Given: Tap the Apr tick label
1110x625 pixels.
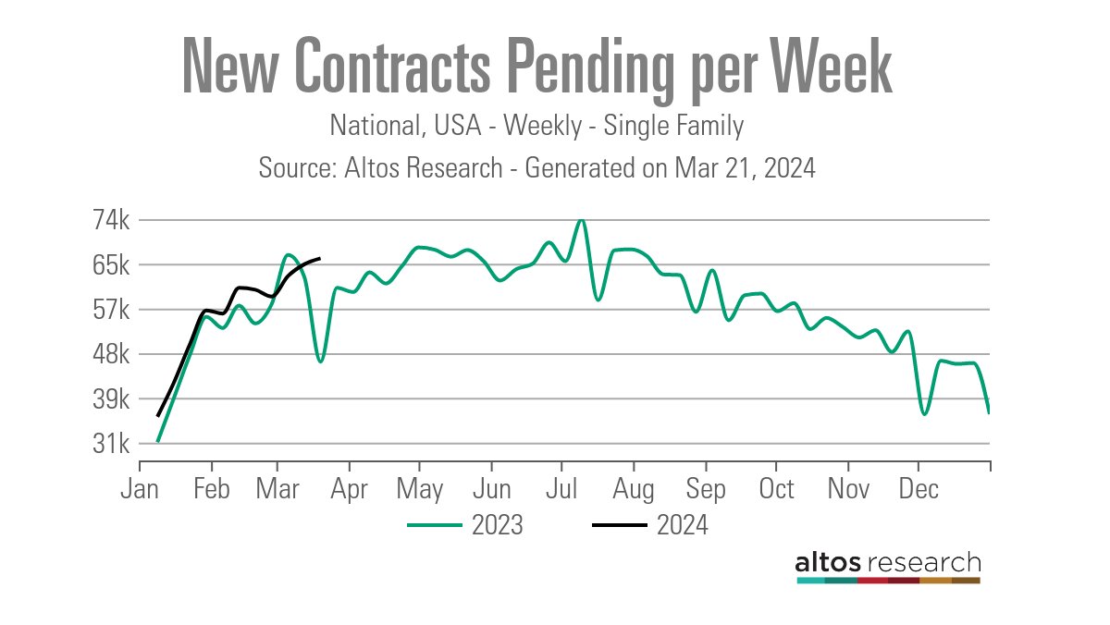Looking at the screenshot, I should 349,489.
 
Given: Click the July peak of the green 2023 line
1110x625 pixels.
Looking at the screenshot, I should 581,220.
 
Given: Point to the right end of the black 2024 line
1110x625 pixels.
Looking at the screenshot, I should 319,258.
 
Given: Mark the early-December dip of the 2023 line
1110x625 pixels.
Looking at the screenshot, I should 923,413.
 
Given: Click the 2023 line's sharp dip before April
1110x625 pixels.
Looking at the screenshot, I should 320,361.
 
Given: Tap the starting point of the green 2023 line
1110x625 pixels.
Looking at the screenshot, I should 158,441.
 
